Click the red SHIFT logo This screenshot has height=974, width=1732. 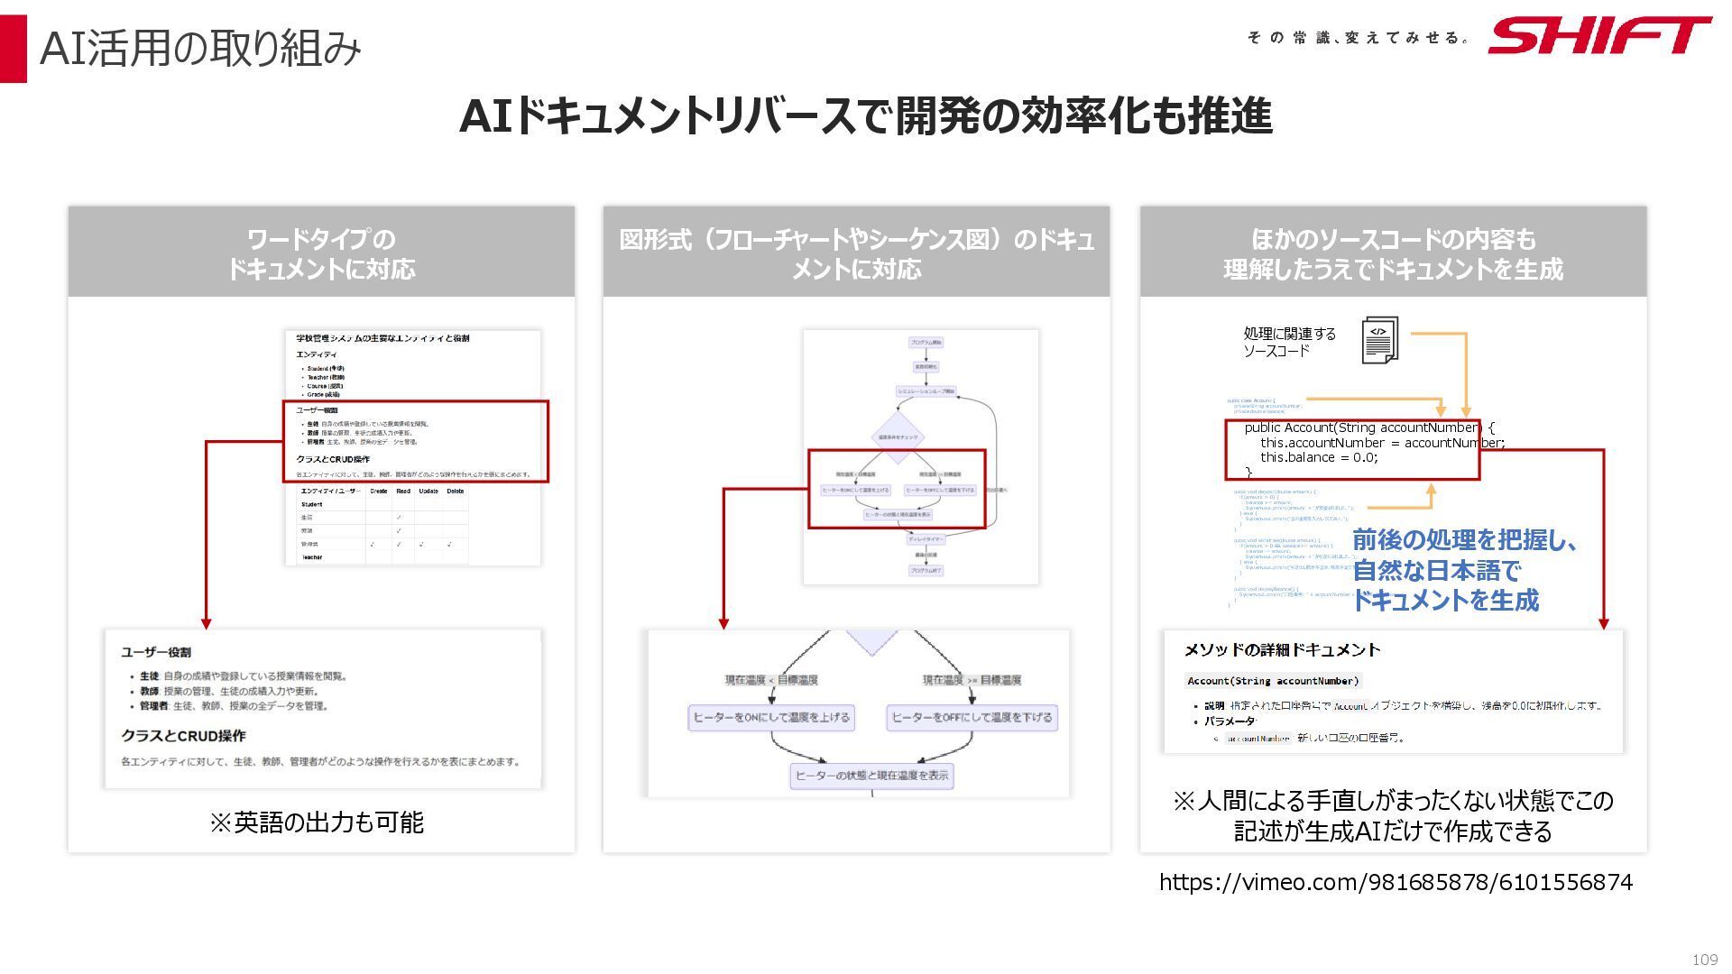[x=1598, y=36]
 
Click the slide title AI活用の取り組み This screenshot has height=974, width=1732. [x=200, y=48]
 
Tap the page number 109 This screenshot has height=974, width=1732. [x=1704, y=960]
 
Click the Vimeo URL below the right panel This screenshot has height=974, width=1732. [x=1396, y=882]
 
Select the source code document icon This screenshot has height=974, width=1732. [x=1379, y=340]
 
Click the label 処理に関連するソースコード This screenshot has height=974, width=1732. [x=1289, y=342]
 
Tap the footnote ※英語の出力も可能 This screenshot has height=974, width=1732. [x=316, y=822]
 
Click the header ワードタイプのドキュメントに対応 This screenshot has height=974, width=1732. [x=321, y=253]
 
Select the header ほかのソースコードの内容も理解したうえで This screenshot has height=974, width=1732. [x=1393, y=253]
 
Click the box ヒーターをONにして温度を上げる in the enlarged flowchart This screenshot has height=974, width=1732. [x=771, y=718]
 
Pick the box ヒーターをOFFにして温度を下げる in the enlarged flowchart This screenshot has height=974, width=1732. [x=972, y=718]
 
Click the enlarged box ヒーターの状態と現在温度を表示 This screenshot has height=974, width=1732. [x=871, y=776]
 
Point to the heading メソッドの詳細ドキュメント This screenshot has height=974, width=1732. [x=1282, y=650]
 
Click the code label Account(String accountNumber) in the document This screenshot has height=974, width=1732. [x=1272, y=681]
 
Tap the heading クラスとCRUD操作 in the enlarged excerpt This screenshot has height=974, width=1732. [x=183, y=736]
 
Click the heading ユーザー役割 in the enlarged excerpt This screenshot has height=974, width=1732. [x=156, y=652]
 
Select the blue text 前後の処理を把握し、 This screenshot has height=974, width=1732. [x=1465, y=540]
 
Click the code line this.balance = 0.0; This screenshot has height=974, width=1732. [x=1319, y=457]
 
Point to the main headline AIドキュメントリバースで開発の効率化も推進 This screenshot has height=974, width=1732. [x=865, y=116]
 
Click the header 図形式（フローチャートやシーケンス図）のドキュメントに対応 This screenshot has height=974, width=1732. [x=856, y=253]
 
